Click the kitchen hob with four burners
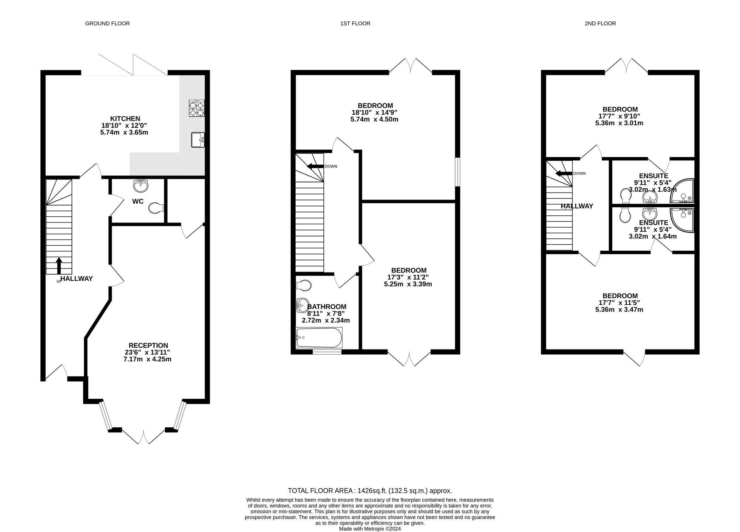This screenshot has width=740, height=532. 196,108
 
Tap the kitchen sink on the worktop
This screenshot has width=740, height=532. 198,140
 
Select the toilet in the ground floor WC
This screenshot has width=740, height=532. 156,208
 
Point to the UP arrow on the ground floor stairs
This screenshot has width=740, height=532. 59,265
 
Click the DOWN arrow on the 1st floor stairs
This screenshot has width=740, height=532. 315,166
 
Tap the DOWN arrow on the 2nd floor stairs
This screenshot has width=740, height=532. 564,173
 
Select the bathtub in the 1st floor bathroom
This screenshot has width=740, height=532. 319,338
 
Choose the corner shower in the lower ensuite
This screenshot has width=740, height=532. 683,220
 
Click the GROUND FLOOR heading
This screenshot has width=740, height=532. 107,23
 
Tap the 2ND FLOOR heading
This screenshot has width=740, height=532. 600,23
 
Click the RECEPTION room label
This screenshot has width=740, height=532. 148,345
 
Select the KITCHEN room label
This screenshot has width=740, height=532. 125,118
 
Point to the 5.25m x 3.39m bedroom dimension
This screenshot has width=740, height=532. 408,284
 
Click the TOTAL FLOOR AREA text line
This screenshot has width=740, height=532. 370,491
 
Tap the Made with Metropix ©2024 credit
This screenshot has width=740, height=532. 370,529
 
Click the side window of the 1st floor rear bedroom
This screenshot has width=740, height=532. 458,172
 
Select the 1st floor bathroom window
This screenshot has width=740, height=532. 327,352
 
